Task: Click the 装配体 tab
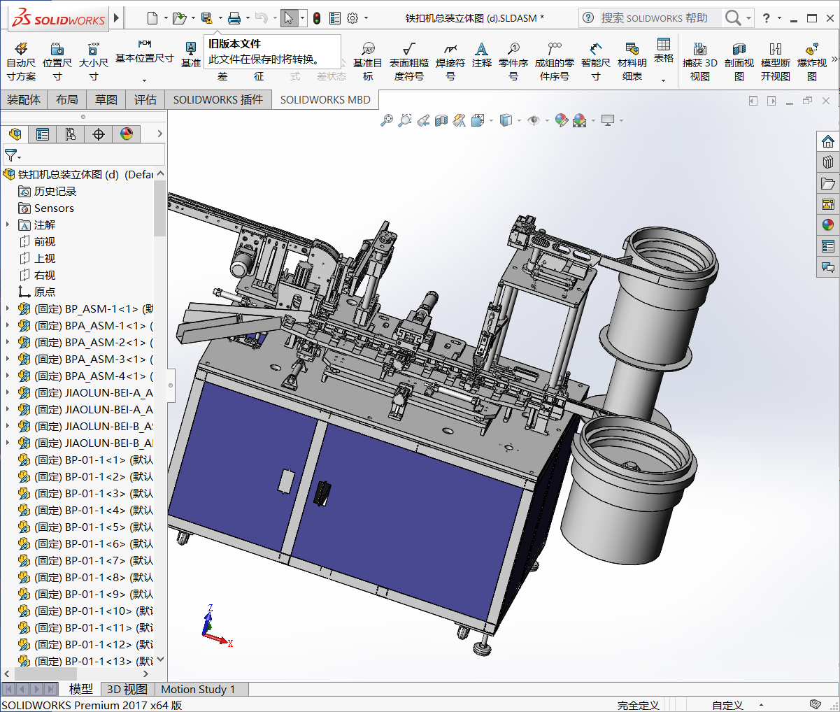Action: [x=24, y=100]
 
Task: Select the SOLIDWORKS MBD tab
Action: [x=325, y=100]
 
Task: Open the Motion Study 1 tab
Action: [x=198, y=690]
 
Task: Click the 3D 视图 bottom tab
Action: [x=127, y=690]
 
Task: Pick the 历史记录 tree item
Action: [x=55, y=191]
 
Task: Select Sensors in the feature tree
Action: [x=53, y=208]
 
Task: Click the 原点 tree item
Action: [x=44, y=292]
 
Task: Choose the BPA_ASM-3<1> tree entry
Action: [x=91, y=359]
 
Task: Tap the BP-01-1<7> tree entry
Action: [x=91, y=560]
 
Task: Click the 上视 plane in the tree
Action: [x=44, y=258]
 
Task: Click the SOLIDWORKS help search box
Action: [x=654, y=17]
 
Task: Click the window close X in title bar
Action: [x=830, y=17]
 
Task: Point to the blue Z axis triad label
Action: [x=210, y=608]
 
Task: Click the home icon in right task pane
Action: [x=828, y=142]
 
